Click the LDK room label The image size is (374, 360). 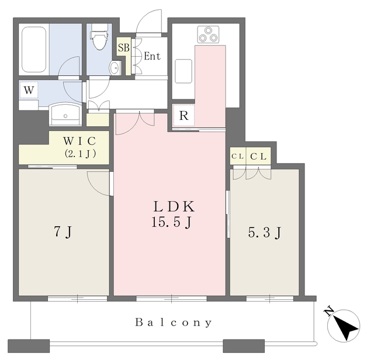(x=174, y=207)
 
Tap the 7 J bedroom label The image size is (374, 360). (x=63, y=231)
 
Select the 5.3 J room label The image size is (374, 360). (x=265, y=233)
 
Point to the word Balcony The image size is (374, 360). (x=174, y=323)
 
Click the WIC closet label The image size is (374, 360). (x=79, y=141)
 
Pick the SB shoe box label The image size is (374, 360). (x=123, y=47)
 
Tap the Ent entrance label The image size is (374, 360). (x=152, y=56)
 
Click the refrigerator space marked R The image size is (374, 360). (x=183, y=116)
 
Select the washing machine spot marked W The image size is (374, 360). (x=29, y=90)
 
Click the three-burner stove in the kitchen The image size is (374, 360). (x=208, y=35)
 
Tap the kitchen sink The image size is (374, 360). (x=183, y=71)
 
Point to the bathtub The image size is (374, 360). (x=34, y=50)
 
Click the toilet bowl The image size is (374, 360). (x=99, y=39)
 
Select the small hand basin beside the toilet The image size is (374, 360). (x=115, y=68)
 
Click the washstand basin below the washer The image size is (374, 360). (x=65, y=115)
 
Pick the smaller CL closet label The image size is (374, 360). (x=238, y=157)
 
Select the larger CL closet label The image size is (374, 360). (x=258, y=157)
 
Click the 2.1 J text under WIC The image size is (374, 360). (x=80, y=154)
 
